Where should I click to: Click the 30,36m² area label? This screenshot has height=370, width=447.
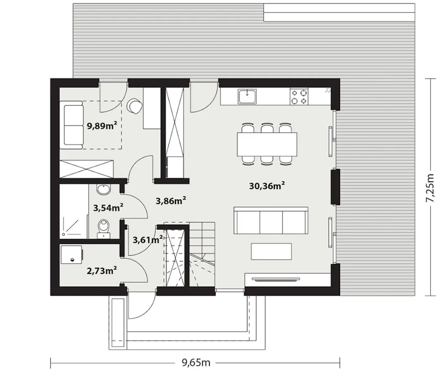point(267,186)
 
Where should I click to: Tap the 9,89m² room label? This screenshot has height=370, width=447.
point(102,126)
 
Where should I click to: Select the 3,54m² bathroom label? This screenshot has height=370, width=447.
point(108,208)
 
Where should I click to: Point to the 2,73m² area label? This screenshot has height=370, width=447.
point(102,271)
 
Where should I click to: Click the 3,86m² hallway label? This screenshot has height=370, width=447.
point(171,200)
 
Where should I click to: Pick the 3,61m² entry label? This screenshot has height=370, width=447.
point(147,240)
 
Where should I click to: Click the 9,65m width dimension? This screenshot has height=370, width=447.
point(196,363)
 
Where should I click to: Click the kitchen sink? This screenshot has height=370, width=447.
point(247,96)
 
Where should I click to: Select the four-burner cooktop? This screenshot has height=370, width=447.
point(299,96)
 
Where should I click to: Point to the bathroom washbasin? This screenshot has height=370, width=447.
point(104,190)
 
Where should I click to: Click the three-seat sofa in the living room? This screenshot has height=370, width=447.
point(271,220)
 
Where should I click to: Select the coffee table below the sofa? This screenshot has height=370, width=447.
point(271,251)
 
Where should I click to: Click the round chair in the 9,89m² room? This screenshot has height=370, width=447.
point(134,106)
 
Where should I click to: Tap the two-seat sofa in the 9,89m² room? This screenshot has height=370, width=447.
point(72,125)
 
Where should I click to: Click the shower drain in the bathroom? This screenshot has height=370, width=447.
point(63,235)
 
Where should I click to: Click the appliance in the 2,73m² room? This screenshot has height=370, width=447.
point(72,255)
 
